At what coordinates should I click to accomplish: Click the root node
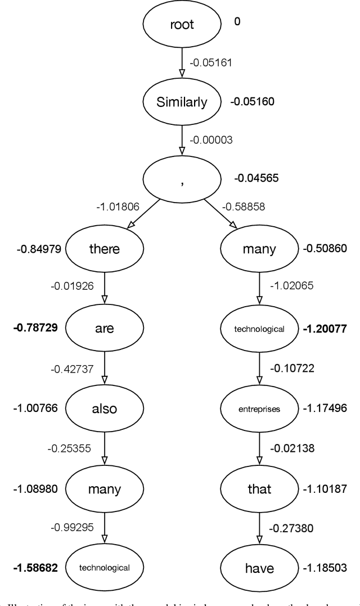click(x=182, y=25)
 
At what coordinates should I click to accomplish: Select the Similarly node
click(x=182, y=102)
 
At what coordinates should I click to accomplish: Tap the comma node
click(x=182, y=179)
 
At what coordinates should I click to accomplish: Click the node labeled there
click(x=105, y=249)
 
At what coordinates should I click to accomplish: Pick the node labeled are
click(x=105, y=328)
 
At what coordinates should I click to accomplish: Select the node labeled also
click(x=105, y=408)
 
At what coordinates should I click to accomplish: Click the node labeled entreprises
click(x=259, y=408)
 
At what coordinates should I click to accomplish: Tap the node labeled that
click(x=259, y=488)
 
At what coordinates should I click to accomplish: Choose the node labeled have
click(x=259, y=568)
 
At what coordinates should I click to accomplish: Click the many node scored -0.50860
click(x=259, y=249)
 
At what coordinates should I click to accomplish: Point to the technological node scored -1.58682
click(x=105, y=568)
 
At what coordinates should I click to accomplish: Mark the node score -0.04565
click(x=256, y=179)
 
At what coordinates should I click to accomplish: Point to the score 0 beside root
click(x=237, y=23)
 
